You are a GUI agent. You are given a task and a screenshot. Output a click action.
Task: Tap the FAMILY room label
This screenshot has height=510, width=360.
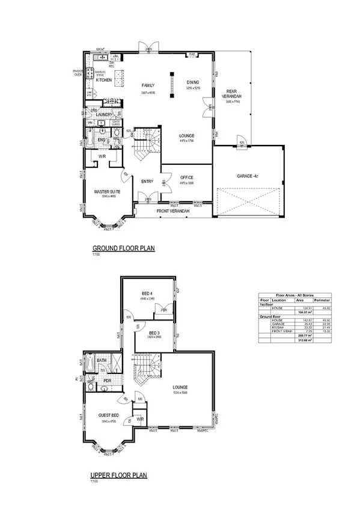point(148,85)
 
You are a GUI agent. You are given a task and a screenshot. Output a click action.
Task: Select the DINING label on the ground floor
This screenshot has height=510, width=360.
point(192,82)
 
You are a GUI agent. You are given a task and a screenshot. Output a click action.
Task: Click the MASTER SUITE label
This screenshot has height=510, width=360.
point(108,191)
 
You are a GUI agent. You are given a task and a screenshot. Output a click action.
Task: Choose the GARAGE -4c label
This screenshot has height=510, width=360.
point(247,176)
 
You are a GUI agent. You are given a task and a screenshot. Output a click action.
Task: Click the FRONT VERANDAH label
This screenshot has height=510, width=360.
point(173,212)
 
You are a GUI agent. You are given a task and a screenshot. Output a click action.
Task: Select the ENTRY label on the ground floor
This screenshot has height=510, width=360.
point(147,182)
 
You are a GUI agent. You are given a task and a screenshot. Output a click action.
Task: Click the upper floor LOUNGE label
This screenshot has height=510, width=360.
point(180,387)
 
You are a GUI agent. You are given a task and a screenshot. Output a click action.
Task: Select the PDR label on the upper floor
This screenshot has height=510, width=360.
point(108,381)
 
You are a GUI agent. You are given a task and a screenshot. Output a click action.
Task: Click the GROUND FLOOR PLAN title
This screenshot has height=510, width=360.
point(123,248)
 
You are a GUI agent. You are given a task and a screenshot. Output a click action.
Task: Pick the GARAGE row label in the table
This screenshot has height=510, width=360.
point(278,322)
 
